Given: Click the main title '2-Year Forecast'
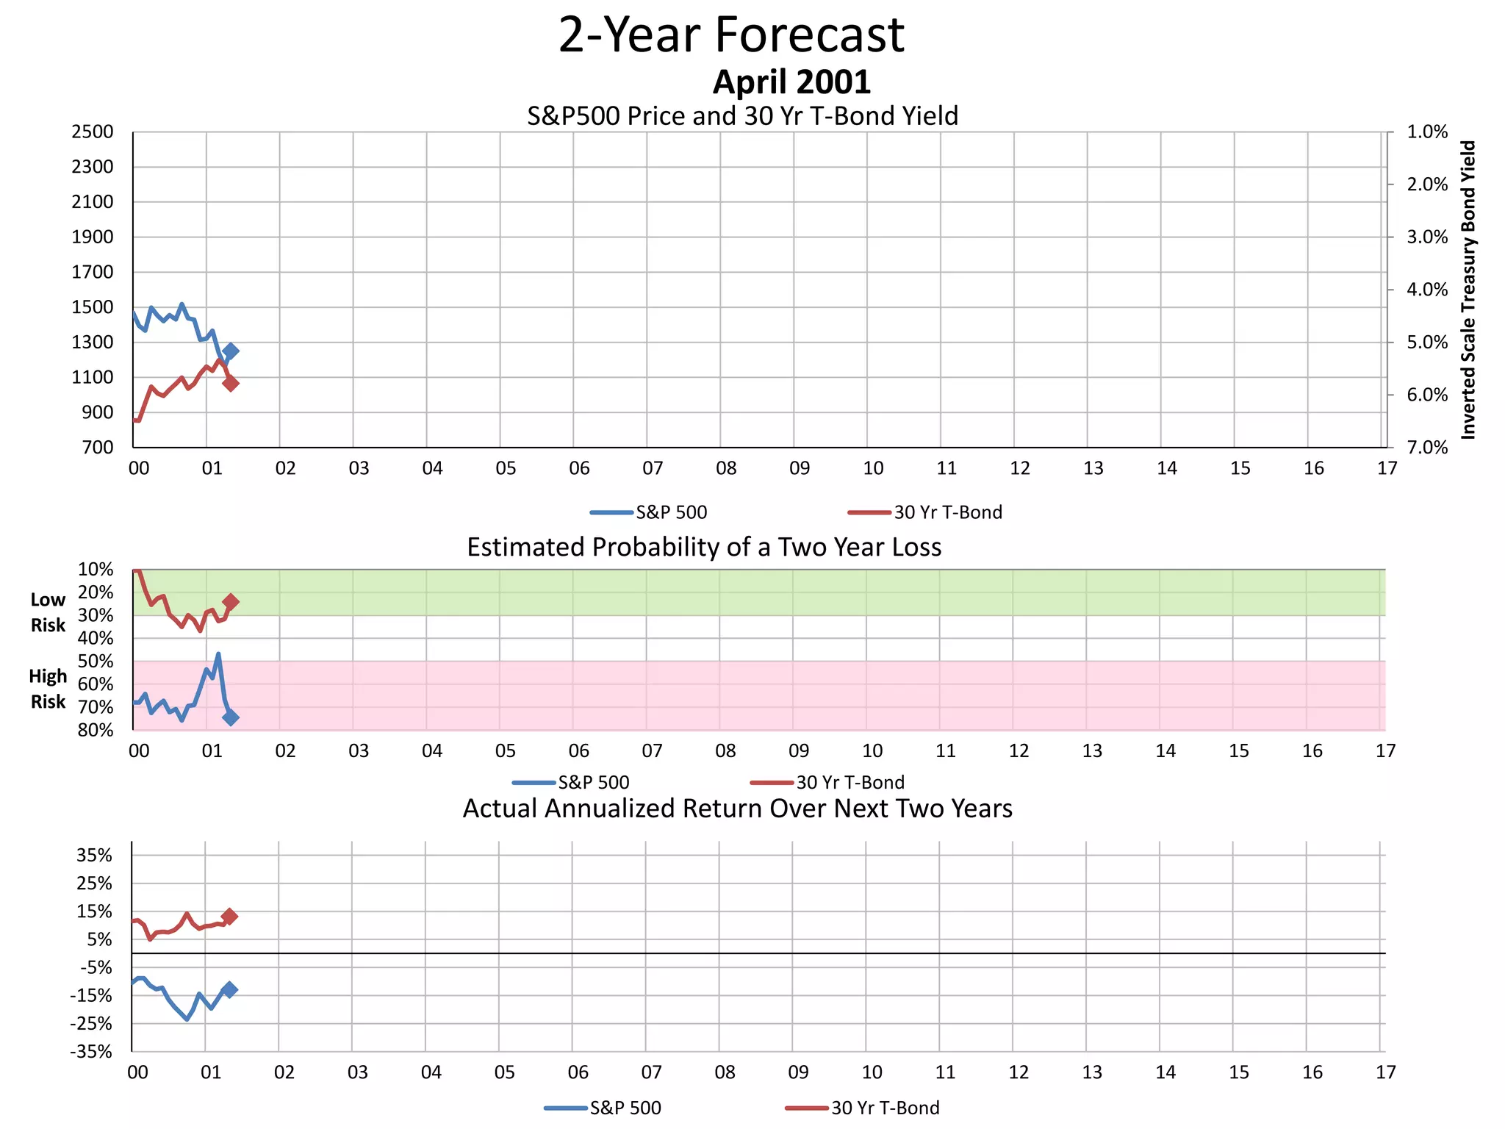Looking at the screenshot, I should [731, 35].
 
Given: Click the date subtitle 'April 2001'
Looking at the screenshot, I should [791, 82].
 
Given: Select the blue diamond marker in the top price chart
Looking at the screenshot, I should [231, 351].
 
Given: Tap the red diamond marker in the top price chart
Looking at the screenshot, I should [231, 383].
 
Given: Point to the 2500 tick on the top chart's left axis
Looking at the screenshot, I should [93, 132].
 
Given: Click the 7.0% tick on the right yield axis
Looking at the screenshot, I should [1426, 448].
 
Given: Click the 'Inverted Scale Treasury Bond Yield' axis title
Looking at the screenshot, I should [1468, 290].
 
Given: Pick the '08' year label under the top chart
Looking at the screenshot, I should [726, 468].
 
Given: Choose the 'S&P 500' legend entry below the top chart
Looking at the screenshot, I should [670, 512].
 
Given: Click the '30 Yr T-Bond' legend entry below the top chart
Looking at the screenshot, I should [947, 512].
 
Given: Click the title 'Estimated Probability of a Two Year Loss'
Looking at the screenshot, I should [704, 548].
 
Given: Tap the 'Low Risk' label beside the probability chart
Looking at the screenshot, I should [48, 612].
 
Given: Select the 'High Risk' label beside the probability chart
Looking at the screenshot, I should [48, 689].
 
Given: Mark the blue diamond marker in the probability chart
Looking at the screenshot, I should [231, 717].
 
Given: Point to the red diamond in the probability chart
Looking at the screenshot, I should [231, 602].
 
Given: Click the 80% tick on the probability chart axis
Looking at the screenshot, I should [96, 730].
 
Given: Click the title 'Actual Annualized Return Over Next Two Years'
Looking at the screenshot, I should [737, 809].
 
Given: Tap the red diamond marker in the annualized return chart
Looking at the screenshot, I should [229, 917].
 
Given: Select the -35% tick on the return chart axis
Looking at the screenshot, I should [91, 1052].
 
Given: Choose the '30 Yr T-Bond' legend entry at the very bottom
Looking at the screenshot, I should [885, 1108].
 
